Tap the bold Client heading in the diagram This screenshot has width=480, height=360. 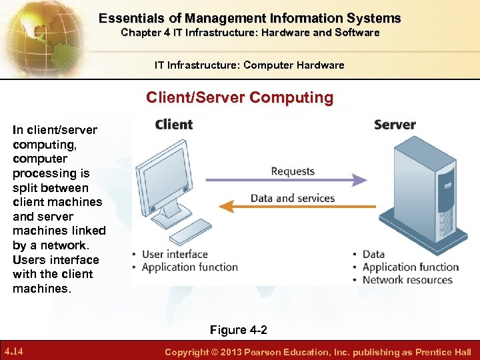[x=173, y=125]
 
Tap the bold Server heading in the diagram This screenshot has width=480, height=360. [x=395, y=125]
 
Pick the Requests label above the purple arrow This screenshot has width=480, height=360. [x=293, y=171]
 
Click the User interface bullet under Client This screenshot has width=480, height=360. [x=175, y=254]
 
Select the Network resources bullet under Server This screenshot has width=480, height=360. [x=407, y=280]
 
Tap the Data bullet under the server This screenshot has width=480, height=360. [x=373, y=254]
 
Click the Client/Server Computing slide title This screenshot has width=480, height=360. [x=240, y=97]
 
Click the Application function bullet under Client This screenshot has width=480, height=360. [x=190, y=267]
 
